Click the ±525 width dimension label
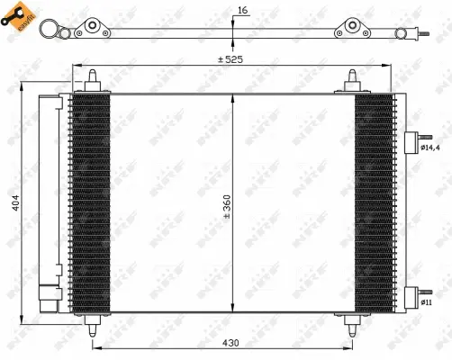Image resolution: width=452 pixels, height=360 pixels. tap(231, 59)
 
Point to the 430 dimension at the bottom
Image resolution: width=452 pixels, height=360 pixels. tap(232, 342)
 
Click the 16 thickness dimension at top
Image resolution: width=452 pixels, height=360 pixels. tap(241, 11)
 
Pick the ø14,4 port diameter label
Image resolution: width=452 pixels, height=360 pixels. tap(430, 148)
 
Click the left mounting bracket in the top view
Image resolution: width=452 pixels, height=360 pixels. tap(92, 30)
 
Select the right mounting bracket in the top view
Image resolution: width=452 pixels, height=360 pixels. tap(349, 30)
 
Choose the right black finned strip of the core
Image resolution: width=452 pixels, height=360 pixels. tap(374, 202)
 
